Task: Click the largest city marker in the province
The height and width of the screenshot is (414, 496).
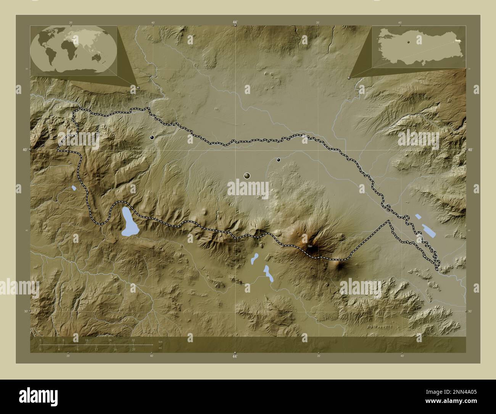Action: (247, 175)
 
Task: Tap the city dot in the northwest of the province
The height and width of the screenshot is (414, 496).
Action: (152, 137)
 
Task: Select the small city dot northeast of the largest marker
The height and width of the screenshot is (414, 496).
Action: (279, 160)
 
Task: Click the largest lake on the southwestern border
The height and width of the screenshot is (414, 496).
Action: (129, 222)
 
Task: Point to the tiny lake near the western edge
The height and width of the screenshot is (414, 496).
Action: (74, 188)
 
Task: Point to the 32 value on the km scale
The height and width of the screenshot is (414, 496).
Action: (133, 340)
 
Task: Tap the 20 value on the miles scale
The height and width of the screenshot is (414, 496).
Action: (133, 349)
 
